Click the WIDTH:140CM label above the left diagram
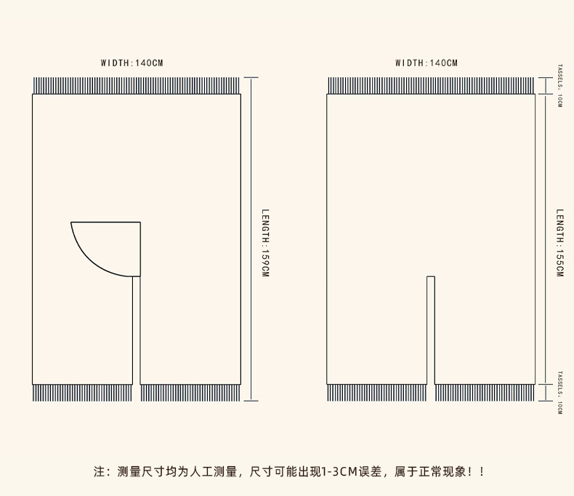[132, 63]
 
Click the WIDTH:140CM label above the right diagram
[427, 63]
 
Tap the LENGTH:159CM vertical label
[265, 243]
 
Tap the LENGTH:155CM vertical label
[559, 243]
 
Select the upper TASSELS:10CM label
[559, 85]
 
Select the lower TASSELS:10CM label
[559, 393]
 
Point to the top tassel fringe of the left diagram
[136, 86]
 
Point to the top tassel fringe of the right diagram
[431, 86]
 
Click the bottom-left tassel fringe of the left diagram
[82, 393]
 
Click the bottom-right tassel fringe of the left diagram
[190, 393]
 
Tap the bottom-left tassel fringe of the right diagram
[376, 393]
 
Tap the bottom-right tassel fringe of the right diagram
[485, 393]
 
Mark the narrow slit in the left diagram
[137, 331]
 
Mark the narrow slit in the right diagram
[431, 331]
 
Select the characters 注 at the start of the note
[100, 472]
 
